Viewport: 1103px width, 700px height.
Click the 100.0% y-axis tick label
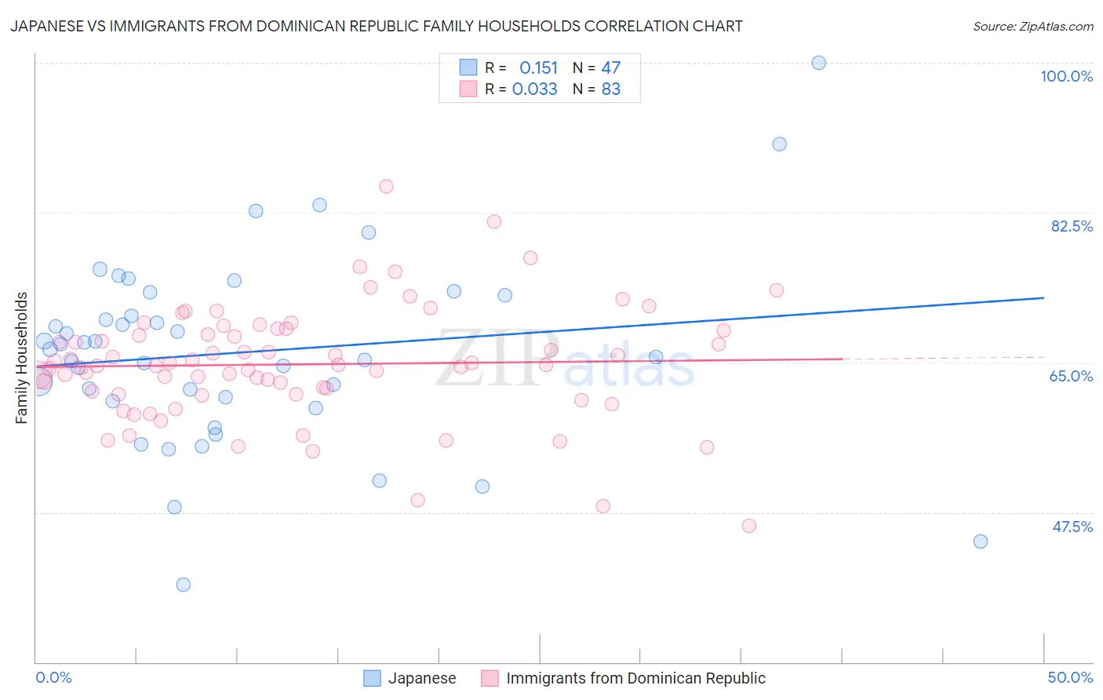click(1066, 76)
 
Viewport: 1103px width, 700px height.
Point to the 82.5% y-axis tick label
click(1072, 226)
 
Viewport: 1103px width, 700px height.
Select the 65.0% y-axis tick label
click(1071, 376)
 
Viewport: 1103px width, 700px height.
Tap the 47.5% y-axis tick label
click(1072, 527)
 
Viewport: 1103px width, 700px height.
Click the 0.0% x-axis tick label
click(53, 677)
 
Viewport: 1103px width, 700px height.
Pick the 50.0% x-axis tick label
click(1070, 677)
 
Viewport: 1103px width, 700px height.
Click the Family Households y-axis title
click(22, 358)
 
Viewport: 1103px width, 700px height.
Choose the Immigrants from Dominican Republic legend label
click(635, 678)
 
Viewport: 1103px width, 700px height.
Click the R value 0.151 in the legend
click(538, 68)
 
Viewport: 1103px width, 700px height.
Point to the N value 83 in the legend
click(610, 89)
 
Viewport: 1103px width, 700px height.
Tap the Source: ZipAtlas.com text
click(1032, 27)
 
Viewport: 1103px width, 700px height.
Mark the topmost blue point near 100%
click(818, 63)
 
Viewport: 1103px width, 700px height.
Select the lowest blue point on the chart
click(184, 585)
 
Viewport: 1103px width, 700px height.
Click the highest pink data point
click(386, 187)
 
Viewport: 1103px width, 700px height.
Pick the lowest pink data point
click(749, 526)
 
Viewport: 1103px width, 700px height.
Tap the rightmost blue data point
click(980, 541)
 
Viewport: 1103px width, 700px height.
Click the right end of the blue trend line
click(1043, 297)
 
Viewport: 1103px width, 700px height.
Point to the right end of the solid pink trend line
click(842, 359)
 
